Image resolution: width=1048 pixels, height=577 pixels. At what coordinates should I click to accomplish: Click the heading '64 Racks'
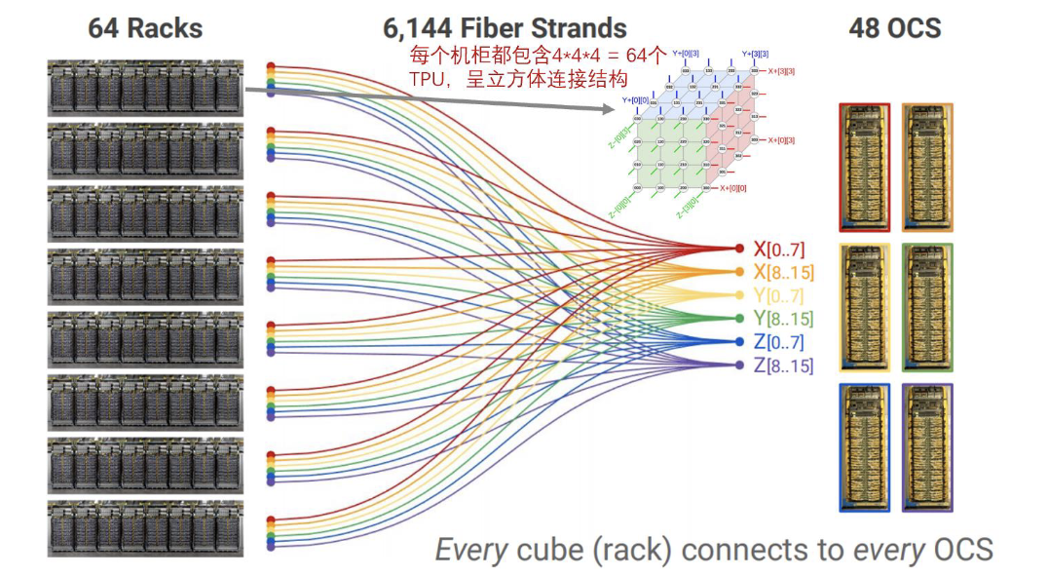click(x=145, y=27)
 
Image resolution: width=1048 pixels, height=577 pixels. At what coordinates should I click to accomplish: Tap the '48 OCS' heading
click(x=895, y=27)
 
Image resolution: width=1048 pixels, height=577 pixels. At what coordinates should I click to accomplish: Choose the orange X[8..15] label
click(x=783, y=273)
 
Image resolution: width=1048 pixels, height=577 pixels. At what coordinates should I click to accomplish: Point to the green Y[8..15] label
click(x=783, y=319)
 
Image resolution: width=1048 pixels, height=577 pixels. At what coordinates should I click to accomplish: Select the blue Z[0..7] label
click(x=779, y=342)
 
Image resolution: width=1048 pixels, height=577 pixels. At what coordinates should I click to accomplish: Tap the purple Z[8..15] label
click(x=783, y=365)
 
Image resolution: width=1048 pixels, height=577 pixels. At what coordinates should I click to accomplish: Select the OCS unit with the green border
click(x=927, y=307)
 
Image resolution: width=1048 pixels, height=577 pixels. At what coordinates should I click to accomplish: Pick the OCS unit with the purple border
click(x=927, y=447)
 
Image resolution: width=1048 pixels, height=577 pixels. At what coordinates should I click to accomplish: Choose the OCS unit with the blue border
click(x=865, y=447)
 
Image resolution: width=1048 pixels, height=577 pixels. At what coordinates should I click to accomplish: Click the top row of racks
click(x=144, y=88)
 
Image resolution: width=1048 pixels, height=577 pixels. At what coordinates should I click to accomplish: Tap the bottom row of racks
click(x=144, y=528)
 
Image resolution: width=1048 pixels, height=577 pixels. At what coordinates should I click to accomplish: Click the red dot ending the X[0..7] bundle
click(x=739, y=250)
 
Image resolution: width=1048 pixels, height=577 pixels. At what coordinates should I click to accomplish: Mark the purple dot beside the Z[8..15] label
click(x=739, y=365)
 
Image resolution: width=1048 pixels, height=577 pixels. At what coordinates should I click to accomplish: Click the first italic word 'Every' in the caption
click(x=471, y=550)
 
